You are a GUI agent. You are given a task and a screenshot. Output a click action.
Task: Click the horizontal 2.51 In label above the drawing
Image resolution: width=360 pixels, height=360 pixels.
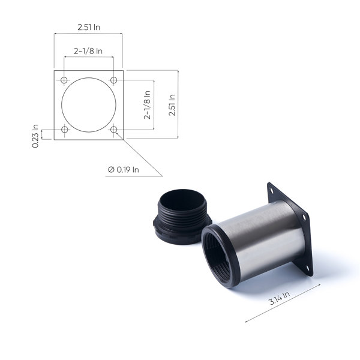tap(89, 27)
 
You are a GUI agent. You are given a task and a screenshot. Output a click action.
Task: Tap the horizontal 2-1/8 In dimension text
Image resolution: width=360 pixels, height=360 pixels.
tap(88, 51)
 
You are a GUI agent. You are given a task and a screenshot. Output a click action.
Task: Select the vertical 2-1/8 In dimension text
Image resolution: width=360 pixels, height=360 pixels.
tap(147, 105)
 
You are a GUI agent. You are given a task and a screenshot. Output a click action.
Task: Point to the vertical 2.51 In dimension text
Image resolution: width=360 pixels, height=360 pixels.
tap(172, 104)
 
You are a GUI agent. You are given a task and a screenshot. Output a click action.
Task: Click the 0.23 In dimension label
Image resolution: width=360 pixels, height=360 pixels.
tap(35, 136)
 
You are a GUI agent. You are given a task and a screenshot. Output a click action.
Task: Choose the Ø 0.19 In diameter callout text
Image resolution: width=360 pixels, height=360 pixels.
tap(123, 170)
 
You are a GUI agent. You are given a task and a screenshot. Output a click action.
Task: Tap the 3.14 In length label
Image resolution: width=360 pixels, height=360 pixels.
tap(279, 298)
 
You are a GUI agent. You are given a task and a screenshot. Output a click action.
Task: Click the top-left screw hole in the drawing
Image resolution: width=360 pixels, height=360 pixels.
tap(64, 80)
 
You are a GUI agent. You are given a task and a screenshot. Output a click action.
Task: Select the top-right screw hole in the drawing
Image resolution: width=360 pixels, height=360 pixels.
tap(113, 80)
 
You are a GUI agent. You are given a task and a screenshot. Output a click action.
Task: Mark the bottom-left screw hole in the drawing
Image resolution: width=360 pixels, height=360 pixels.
tap(65, 130)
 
